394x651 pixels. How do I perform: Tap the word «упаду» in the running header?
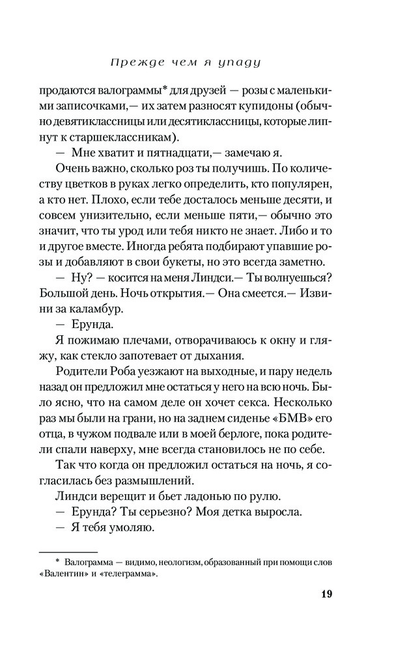click(241, 63)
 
